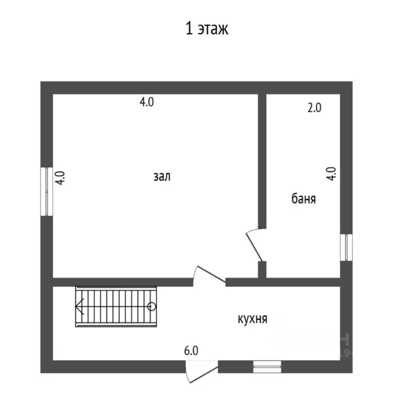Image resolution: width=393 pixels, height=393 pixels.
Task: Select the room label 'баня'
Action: (x=303, y=199)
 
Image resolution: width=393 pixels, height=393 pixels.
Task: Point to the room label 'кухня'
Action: (x=252, y=319)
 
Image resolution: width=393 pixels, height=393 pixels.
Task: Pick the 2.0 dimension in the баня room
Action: (x=314, y=108)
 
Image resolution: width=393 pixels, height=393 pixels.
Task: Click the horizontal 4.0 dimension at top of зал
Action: (x=146, y=102)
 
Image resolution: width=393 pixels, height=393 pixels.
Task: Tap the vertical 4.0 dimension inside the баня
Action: (x=332, y=174)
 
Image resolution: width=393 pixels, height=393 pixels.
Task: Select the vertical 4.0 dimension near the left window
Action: (x=60, y=178)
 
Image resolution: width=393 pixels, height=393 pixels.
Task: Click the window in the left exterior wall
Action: (x=47, y=191)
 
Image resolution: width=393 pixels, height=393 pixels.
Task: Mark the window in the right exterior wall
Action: (x=346, y=247)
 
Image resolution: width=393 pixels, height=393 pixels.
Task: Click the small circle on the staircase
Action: (x=151, y=307)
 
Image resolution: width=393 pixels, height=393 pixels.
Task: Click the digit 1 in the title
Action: (x=189, y=29)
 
